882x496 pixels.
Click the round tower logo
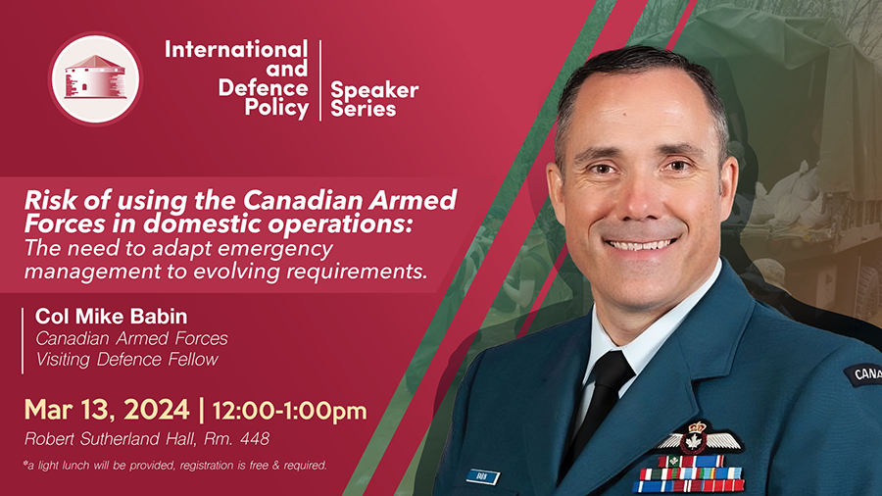95,78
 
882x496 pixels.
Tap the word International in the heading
236,49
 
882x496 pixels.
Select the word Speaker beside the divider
374,89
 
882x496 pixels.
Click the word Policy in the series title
276,108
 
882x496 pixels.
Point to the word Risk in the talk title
47,200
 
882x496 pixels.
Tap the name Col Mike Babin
111,317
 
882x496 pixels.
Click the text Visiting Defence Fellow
127,360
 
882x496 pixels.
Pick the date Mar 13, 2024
107,410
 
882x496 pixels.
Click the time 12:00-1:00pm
290,411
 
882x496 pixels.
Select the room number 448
255,438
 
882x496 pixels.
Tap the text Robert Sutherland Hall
109,438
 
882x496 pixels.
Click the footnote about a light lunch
175,465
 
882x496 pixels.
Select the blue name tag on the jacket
482,477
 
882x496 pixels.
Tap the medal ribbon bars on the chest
690,474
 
